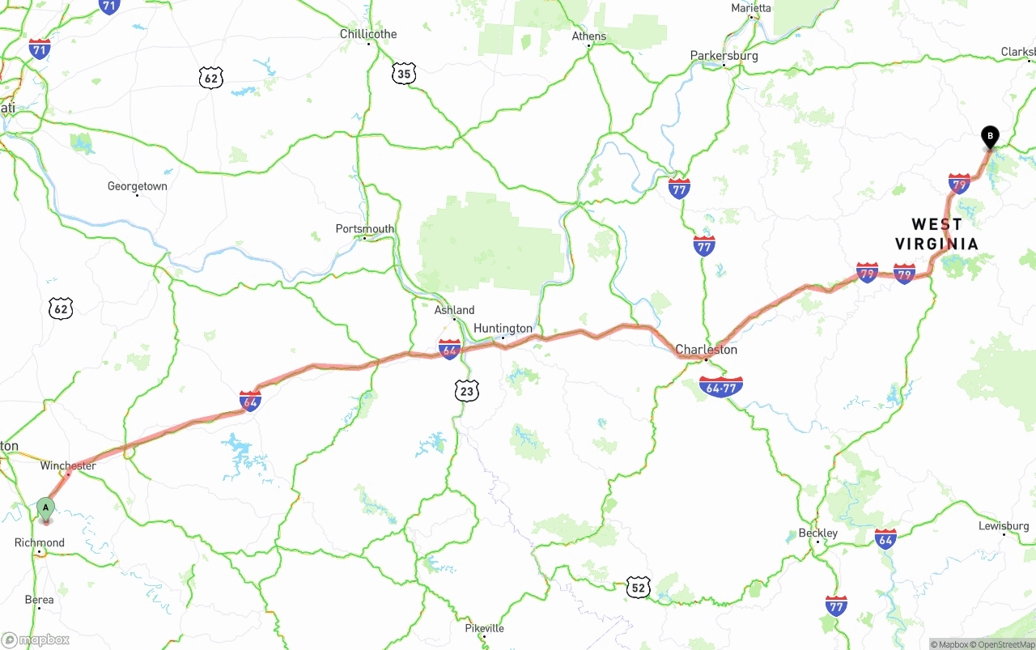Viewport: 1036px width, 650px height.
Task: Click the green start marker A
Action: point(46,509)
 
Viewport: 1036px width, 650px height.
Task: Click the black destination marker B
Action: point(989,136)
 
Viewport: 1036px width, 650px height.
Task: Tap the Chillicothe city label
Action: point(368,34)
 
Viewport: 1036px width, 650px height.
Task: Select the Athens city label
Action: point(588,36)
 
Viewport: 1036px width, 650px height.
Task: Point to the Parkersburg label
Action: point(724,56)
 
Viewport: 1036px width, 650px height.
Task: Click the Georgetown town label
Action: point(138,186)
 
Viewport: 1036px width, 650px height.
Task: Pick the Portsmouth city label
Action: point(365,229)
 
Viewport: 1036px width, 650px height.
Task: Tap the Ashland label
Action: point(454,310)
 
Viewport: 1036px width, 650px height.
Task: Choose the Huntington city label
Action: point(503,328)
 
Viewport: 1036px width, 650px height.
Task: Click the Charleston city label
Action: point(707,350)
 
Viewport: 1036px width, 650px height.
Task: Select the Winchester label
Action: point(68,465)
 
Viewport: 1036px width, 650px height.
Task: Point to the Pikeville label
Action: point(484,628)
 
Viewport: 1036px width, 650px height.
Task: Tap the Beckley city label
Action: point(817,533)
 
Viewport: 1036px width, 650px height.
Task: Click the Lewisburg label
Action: point(1004,526)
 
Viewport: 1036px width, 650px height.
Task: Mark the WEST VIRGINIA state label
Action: point(936,234)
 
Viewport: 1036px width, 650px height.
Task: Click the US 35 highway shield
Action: point(404,74)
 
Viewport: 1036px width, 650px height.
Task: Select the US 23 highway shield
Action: point(466,391)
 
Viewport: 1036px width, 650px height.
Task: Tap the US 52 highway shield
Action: point(638,588)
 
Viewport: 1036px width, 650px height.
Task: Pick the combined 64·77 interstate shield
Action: point(720,387)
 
